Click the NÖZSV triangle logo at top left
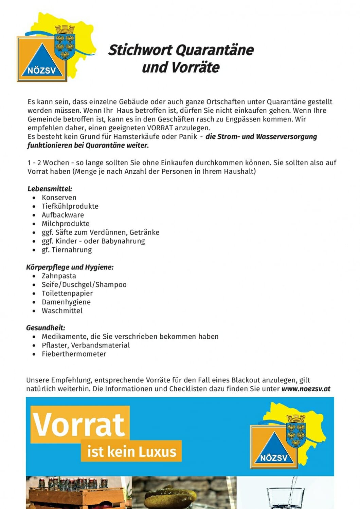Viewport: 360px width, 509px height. pyautogui.click(x=41, y=60)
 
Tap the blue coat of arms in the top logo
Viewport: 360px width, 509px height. pyautogui.click(x=65, y=42)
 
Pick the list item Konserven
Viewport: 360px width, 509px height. pyautogui.click(x=59, y=197)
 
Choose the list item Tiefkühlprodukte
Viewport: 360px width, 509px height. pyautogui.click(x=70, y=206)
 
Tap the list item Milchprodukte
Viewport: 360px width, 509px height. pyautogui.click(x=66, y=224)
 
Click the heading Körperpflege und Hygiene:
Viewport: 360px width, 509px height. pyautogui.click(x=70, y=267)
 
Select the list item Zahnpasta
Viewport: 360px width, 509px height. pyautogui.click(x=59, y=276)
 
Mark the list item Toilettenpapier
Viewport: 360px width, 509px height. pyautogui.click(x=67, y=293)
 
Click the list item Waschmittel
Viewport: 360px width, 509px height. pyautogui.click(x=62, y=310)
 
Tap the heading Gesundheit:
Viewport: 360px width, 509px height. pyautogui.click(x=46, y=328)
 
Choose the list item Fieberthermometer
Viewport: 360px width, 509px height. pyautogui.click(x=74, y=354)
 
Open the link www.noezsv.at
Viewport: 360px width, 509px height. pyautogui.click(x=306, y=389)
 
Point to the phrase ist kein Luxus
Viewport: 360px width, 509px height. pyautogui.click(x=131, y=452)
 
